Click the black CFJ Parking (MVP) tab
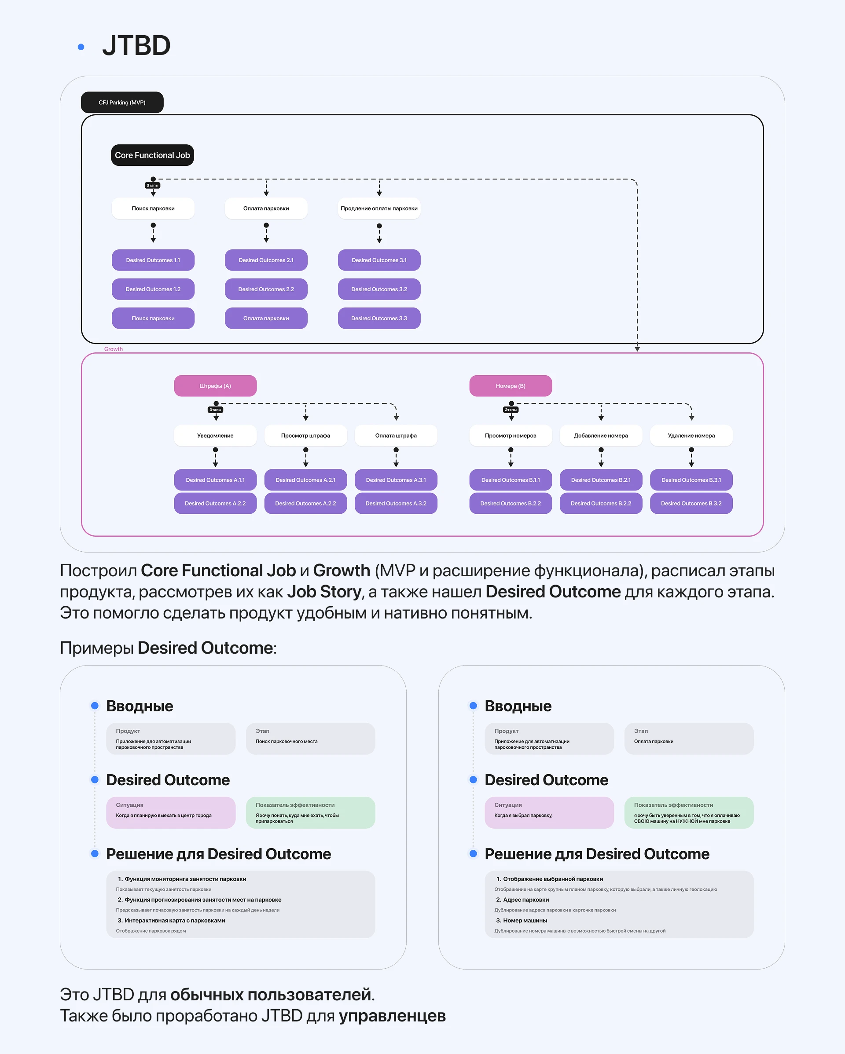pyautogui.click(x=122, y=102)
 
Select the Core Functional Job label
pyautogui.click(x=152, y=155)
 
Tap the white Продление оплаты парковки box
pyautogui.click(x=379, y=208)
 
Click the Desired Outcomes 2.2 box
pyautogui.click(x=266, y=289)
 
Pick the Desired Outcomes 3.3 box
pyautogui.click(x=379, y=318)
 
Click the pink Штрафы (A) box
pyautogui.click(x=215, y=386)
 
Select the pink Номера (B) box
pyautogui.click(x=511, y=386)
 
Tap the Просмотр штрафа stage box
pyautogui.click(x=305, y=436)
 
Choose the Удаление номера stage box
pyautogui.click(x=691, y=436)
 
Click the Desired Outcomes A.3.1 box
pyautogui.click(x=396, y=480)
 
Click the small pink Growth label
pyautogui.click(x=114, y=349)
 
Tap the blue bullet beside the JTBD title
pyautogui.click(x=81, y=47)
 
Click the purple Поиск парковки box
pyautogui.click(x=153, y=318)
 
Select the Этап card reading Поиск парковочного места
pyautogui.click(x=311, y=738)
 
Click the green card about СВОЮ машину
pyautogui.click(x=688, y=812)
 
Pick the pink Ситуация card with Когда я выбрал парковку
pyautogui.click(x=549, y=812)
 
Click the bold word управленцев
pyautogui.click(x=392, y=1016)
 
